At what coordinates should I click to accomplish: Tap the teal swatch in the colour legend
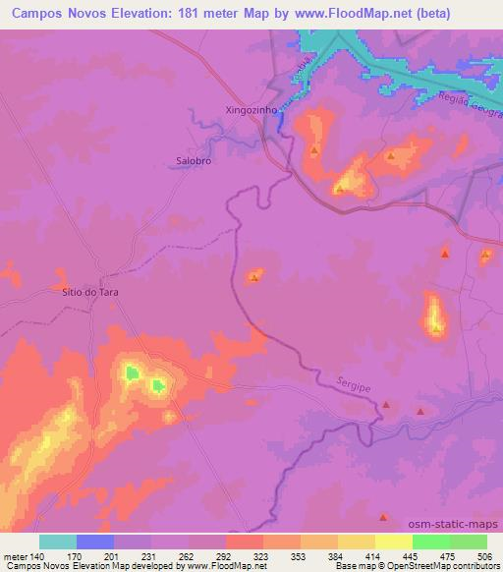click(x=58, y=542)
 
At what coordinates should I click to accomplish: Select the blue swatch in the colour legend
click(x=95, y=542)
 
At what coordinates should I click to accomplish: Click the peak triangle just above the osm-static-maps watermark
click(x=384, y=515)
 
